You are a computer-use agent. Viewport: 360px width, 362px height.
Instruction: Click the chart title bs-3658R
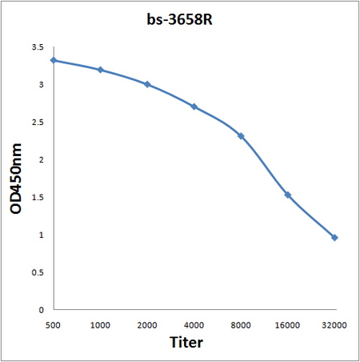[x=179, y=19]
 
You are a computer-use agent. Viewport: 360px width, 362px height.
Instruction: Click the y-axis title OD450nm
[x=16, y=179]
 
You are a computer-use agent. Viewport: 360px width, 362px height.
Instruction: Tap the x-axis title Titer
[x=186, y=342]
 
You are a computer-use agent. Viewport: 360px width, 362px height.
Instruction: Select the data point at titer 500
[x=54, y=60]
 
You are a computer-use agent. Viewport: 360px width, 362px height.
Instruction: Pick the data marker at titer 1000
[x=101, y=70]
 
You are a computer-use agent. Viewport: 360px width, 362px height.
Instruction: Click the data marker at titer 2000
[x=147, y=85]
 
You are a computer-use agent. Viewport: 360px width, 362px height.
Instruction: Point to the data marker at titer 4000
[x=194, y=107]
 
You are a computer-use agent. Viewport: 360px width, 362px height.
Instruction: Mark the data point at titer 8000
[x=241, y=136]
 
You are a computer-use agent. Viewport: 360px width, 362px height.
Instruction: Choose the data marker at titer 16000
[x=288, y=195]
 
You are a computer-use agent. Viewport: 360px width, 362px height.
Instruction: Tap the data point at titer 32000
[x=334, y=238]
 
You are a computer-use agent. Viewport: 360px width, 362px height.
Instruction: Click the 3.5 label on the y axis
[x=38, y=47]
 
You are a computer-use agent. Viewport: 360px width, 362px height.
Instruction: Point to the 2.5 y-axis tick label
[x=38, y=123]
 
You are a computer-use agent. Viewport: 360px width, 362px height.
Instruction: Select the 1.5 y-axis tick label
[x=38, y=198]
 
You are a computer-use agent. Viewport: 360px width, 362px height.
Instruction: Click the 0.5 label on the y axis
[x=38, y=273]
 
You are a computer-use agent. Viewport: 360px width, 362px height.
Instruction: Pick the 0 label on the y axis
[x=41, y=310]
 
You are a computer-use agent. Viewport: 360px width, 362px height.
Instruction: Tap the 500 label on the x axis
[x=53, y=325]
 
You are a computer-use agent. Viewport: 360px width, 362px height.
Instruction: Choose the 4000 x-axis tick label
[x=194, y=325]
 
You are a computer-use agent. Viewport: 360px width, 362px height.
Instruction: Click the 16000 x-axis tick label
[x=287, y=325]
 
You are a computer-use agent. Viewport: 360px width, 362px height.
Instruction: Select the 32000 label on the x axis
[x=334, y=325]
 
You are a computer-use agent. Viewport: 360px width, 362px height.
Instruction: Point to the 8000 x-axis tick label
[x=241, y=325]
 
